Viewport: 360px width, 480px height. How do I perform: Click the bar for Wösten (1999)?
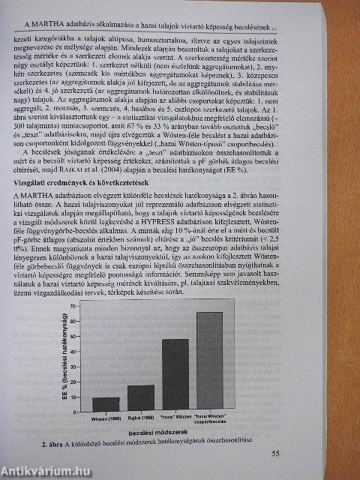106,409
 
